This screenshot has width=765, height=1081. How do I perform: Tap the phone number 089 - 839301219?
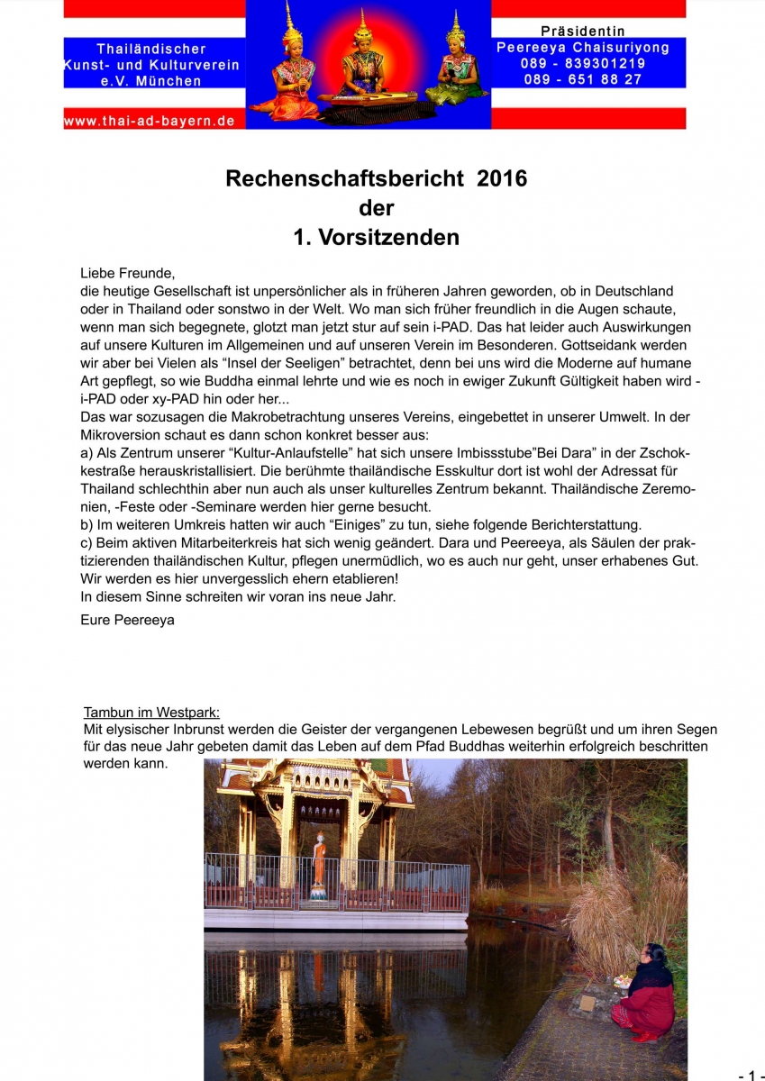pos(583,63)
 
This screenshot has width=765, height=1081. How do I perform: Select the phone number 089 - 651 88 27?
pos(583,79)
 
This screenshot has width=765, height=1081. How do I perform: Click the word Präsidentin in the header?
pos(583,32)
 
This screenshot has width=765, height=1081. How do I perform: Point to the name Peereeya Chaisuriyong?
pos(583,48)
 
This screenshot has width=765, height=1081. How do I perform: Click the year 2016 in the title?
pos(502,178)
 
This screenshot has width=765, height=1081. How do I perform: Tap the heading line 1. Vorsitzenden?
pos(376,238)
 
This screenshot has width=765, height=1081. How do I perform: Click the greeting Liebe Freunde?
pos(127,274)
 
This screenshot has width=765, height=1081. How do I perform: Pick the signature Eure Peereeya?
pos(127,620)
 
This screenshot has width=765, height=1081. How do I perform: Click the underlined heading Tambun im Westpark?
pos(151,713)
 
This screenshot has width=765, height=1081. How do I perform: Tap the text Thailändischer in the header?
pos(151,49)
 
